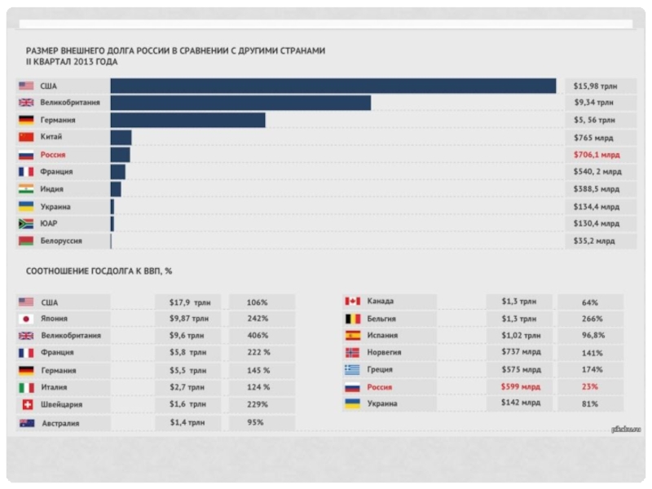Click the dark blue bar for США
333,86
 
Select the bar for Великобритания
240,103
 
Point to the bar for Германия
187,120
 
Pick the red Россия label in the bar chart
53,155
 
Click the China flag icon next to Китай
26,137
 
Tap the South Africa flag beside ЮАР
26,223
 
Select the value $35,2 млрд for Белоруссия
594,241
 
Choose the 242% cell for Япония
259,319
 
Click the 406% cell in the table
259,336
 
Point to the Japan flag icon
26,319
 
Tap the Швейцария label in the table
61,404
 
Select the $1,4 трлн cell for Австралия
187,422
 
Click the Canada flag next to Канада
352,302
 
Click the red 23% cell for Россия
591,387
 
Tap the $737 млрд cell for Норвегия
520,353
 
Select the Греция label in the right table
381,370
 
